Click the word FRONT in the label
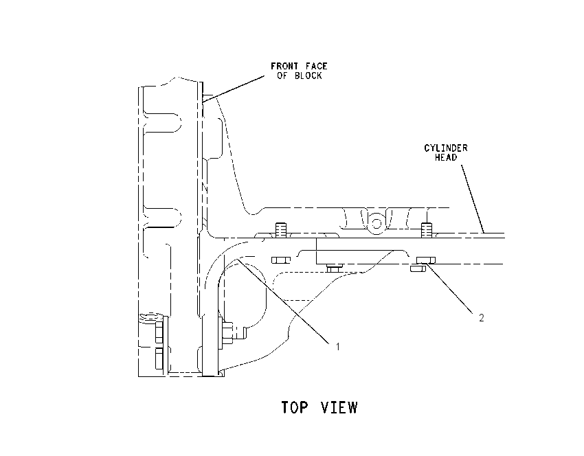pos(284,66)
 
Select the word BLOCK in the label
pos(308,76)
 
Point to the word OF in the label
pos(282,76)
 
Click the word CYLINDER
pos(446,148)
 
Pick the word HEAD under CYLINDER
pos(446,157)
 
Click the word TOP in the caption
pos(295,407)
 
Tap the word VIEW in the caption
pos(339,407)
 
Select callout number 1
pos(338,347)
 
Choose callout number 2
pos(481,318)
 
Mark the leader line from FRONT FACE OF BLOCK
pos(234,88)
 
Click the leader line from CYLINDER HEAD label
pos(473,198)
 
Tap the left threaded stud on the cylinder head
pos(280,230)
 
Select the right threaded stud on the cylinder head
pos(427,230)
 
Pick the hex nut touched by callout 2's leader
pos(426,260)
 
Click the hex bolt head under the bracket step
pos(335,268)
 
